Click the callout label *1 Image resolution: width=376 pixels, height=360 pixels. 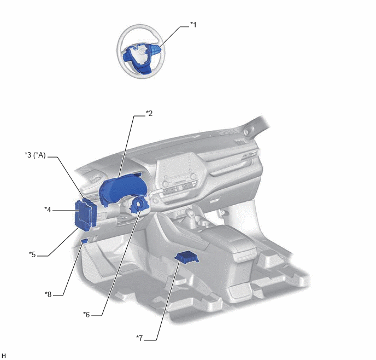point(193,25)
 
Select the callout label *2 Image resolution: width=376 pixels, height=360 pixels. point(149,113)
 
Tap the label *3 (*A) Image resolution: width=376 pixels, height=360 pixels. point(35,155)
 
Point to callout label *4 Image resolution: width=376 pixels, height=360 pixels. point(48,210)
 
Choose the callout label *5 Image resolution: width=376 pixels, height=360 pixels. point(32,254)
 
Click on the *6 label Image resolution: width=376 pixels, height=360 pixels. point(86,315)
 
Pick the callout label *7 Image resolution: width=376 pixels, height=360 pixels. point(139,338)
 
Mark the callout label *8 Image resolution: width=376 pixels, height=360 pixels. point(48,294)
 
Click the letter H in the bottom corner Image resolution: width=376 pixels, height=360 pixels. point(4,356)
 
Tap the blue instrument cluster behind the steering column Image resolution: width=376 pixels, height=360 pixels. point(120,188)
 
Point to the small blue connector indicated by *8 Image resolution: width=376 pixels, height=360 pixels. point(84,241)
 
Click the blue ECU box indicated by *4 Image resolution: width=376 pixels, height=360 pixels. point(83,215)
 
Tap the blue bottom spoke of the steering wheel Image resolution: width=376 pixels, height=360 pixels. point(144,69)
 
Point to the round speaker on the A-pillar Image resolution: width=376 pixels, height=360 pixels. point(246,132)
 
